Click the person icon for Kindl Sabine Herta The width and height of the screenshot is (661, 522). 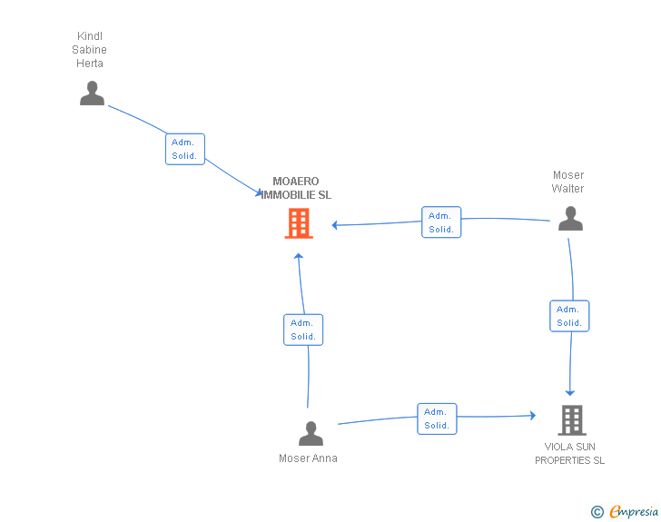(92, 94)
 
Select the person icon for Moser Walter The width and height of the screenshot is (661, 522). (569, 219)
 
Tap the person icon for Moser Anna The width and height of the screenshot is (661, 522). (311, 433)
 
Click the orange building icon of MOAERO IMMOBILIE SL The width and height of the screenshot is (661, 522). (299, 223)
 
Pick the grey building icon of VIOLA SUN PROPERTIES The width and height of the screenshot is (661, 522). (571, 419)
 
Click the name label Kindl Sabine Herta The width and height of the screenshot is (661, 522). (90, 50)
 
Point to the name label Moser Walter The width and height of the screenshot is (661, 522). (568, 182)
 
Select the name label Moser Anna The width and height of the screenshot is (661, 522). (308, 458)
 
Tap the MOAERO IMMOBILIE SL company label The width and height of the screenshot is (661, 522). (297, 188)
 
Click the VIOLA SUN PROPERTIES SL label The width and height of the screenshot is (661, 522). (569, 453)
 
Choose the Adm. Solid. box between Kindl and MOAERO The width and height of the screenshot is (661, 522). (185, 149)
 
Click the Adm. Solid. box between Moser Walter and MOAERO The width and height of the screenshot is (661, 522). (441, 222)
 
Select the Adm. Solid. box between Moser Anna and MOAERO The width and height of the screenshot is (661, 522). (303, 330)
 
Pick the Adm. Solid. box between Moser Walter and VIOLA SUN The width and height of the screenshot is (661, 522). (569, 316)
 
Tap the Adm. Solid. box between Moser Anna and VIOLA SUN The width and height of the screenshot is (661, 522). (437, 419)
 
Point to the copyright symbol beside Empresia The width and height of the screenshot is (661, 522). (597, 512)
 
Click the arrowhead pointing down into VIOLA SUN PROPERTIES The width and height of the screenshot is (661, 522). (570, 392)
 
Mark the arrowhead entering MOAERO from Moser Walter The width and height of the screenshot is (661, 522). (335, 225)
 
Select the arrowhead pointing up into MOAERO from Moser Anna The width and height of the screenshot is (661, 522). (298, 256)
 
